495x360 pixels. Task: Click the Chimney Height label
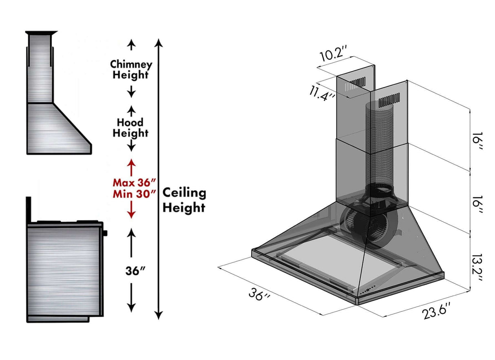point(131,70)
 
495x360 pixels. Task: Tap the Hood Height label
point(130,128)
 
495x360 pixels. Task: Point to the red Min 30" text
point(135,193)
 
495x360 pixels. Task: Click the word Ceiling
point(184,193)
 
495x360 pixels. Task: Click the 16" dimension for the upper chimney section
point(478,144)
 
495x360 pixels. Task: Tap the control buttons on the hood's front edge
point(367,290)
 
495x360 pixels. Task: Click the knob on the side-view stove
point(105,233)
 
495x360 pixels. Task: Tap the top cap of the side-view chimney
point(41,33)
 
